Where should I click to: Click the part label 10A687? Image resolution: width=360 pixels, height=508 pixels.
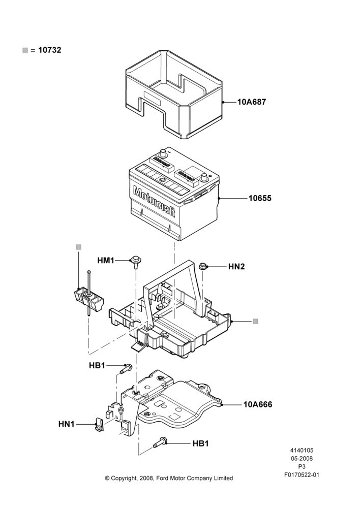coord(252,102)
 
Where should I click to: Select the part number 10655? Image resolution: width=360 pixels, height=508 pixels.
coord(260,198)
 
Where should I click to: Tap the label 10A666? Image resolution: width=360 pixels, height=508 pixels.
coord(258,404)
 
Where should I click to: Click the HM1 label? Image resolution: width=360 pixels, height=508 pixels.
coord(106,261)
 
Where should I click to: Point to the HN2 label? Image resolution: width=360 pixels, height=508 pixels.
coord(236,267)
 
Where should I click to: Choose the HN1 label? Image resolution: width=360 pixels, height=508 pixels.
coord(67,424)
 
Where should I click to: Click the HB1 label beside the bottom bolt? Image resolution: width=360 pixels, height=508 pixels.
coord(200,443)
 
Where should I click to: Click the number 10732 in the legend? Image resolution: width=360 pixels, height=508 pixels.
coord(50,50)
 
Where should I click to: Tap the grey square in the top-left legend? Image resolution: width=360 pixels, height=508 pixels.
coord(25,50)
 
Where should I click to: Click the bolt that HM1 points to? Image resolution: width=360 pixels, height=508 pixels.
coord(136,262)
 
